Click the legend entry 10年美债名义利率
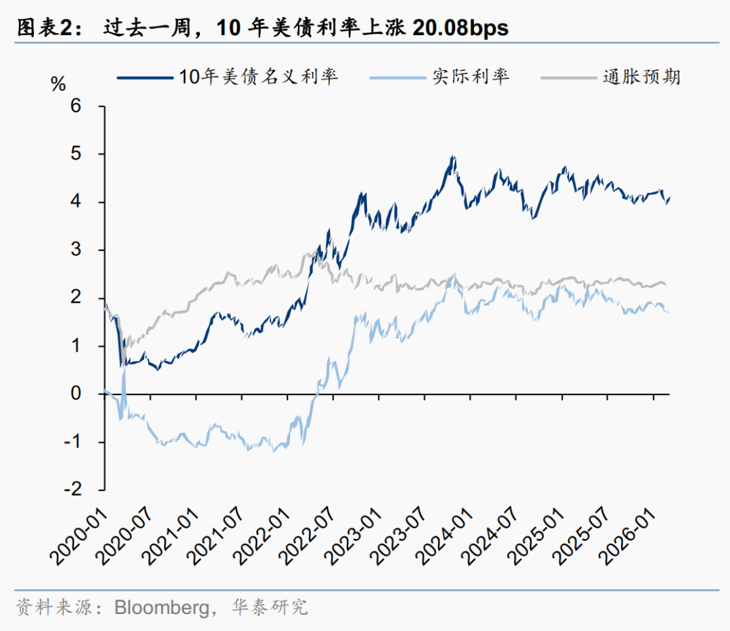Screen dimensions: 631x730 pos(258,76)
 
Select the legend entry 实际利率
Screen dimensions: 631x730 pos(470,76)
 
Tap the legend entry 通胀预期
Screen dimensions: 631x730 pos(641,76)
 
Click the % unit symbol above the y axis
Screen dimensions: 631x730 pos(59,85)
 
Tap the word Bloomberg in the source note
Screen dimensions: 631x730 pos(162,607)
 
